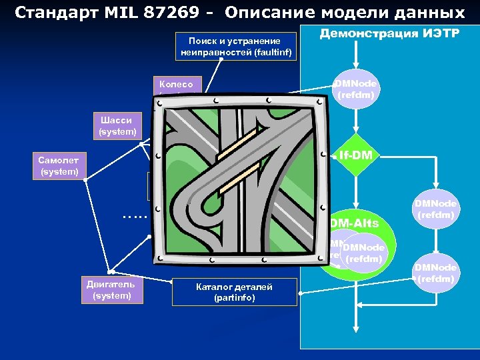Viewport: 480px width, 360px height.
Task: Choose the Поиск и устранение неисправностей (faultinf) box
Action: [236, 46]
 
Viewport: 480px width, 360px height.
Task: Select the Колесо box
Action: [176, 85]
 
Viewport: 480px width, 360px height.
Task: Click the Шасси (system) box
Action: [117, 126]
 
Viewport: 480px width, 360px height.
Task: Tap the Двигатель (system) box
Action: [112, 290]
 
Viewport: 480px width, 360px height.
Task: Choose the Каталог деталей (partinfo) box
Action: [234, 292]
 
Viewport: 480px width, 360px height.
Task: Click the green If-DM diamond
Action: [355, 155]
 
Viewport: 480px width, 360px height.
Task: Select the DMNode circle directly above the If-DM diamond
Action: [357, 89]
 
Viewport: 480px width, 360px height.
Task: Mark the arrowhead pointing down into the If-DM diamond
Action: [356, 131]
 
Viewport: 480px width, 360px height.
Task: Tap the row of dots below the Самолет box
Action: [135, 216]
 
